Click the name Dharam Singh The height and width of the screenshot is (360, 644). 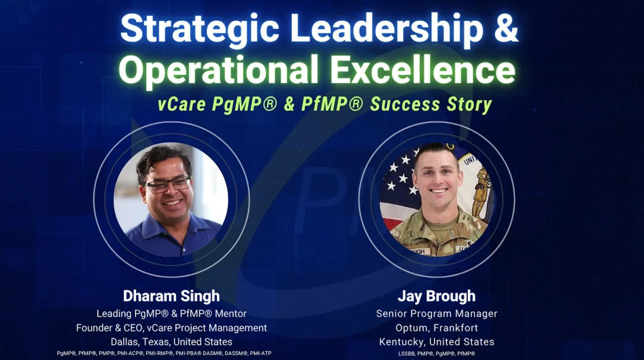pyautogui.click(x=172, y=296)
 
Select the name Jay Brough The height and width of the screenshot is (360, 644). pyautogui.click(x=436, y=296)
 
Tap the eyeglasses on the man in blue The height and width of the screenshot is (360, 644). pyautogui.click(x=168, y=185)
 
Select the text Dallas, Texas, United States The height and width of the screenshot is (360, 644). pyautogui.click(x=172, y=342)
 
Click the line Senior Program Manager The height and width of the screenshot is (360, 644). pyautogui.click(x=436, y=314)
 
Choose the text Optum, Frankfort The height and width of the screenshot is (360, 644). pyautogui.click(x=436, y=328)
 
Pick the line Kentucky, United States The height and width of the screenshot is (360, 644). pyautogui.click(x=436, y=342)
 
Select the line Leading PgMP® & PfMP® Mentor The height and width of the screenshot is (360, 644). pyautogui.click(x=172, y=314)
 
